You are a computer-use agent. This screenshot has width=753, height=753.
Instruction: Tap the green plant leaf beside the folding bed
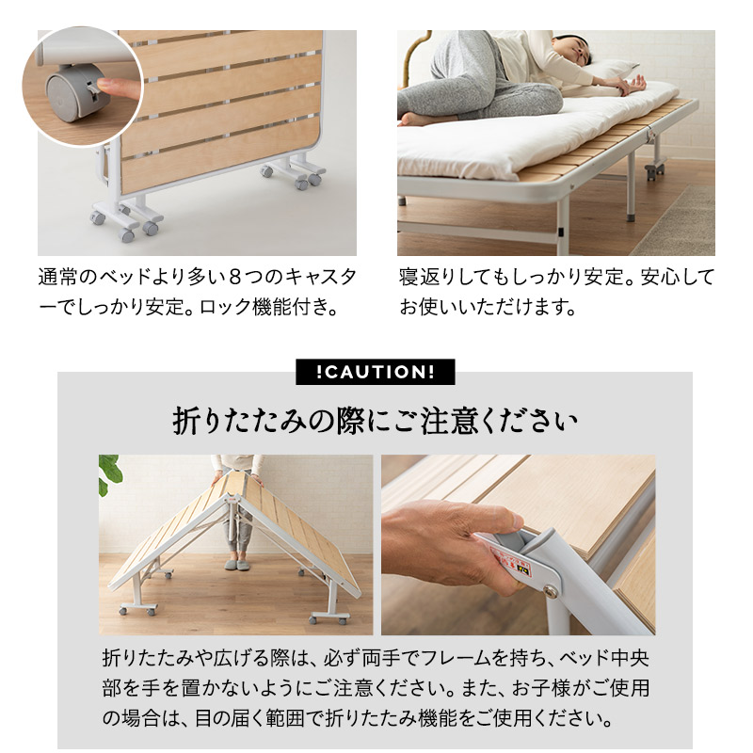click(110, 471)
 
